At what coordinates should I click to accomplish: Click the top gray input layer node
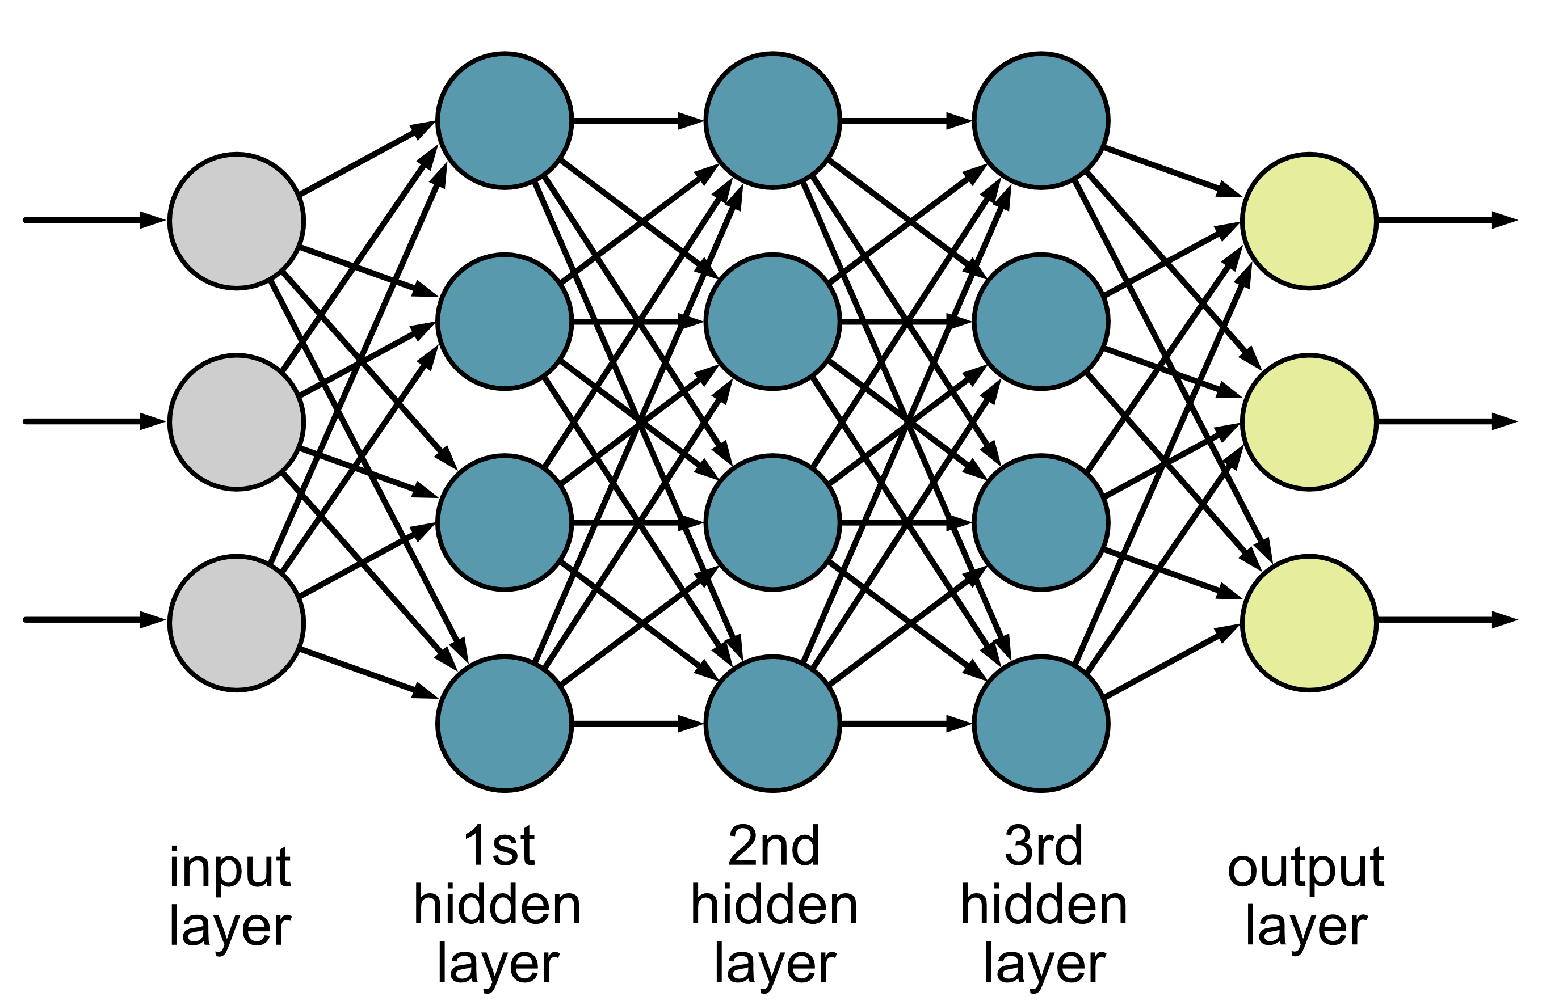pyautogui.click(x=237, y=221)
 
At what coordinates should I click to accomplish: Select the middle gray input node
pyautogui.click(x=237, y=422)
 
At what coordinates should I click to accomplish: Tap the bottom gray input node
pyautogui.click(x=237, y=623)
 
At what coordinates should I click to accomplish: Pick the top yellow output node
pyautogui.click(x=1309, y=221)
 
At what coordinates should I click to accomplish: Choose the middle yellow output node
pyautogui.click(x=1309, y=422)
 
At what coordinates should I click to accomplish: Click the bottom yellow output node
pyautogui.click(x=1309, y=623)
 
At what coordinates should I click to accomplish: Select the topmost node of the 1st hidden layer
pyautogui.click(x=505, y=120)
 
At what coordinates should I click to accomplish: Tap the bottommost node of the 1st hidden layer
pyautogui.click(x=505, y=723)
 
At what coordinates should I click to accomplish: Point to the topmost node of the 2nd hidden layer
pyautogui.click(x=773, y=120)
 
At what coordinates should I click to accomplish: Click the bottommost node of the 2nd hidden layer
pyautogui.click(x=773, y=723)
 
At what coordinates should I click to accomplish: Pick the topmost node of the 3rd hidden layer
pyautogui.click(x=1041, y=120)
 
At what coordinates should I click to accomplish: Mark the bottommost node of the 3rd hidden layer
pyautogui.click(x=1041, y=723)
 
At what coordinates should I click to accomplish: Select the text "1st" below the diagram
pyautogui.click(x=499, y=846)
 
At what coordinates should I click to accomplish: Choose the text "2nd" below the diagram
pyautogui.click(x=774, y=846)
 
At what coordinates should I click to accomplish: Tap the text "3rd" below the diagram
pyautogui.click(x=1043, y=846)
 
